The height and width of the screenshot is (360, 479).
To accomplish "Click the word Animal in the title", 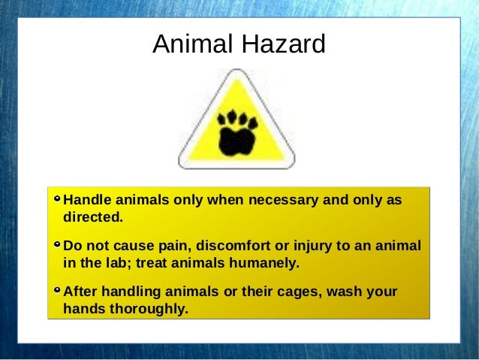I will pos(192,45).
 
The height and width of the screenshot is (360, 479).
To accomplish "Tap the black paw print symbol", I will pos(237,132).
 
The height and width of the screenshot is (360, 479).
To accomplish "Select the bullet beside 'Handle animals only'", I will pos(58,200).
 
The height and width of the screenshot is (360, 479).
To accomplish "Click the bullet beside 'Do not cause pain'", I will pos(58,245).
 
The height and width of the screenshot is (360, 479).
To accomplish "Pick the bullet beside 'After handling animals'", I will pos(58,290).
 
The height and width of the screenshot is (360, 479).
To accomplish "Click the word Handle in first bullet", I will pos(86,201).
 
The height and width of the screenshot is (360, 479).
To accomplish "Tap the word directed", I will pos(92,218).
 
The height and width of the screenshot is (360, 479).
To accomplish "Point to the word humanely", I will pos(267,263).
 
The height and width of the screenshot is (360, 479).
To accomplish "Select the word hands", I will pos(84,308).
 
